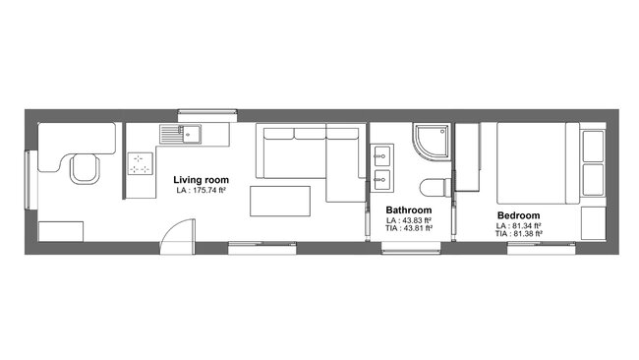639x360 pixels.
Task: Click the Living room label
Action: [x=202, y=180]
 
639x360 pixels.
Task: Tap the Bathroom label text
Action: [x=408, y=210]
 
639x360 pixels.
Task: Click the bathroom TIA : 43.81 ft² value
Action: [x=408, y=229]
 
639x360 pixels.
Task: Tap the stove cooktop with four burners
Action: [x=140, y=163]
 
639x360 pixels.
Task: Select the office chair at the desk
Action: [x=85, y=169]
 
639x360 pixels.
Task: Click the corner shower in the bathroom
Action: [x=431, y=142]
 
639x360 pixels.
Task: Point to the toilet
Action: [x=434, y=188]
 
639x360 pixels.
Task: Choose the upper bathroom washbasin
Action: [x=380, y=155]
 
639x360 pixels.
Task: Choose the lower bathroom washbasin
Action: [x=380, y=179]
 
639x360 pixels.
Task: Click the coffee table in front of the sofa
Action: [x=280, y=201]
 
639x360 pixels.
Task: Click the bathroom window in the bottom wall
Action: [x=410, y=248]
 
